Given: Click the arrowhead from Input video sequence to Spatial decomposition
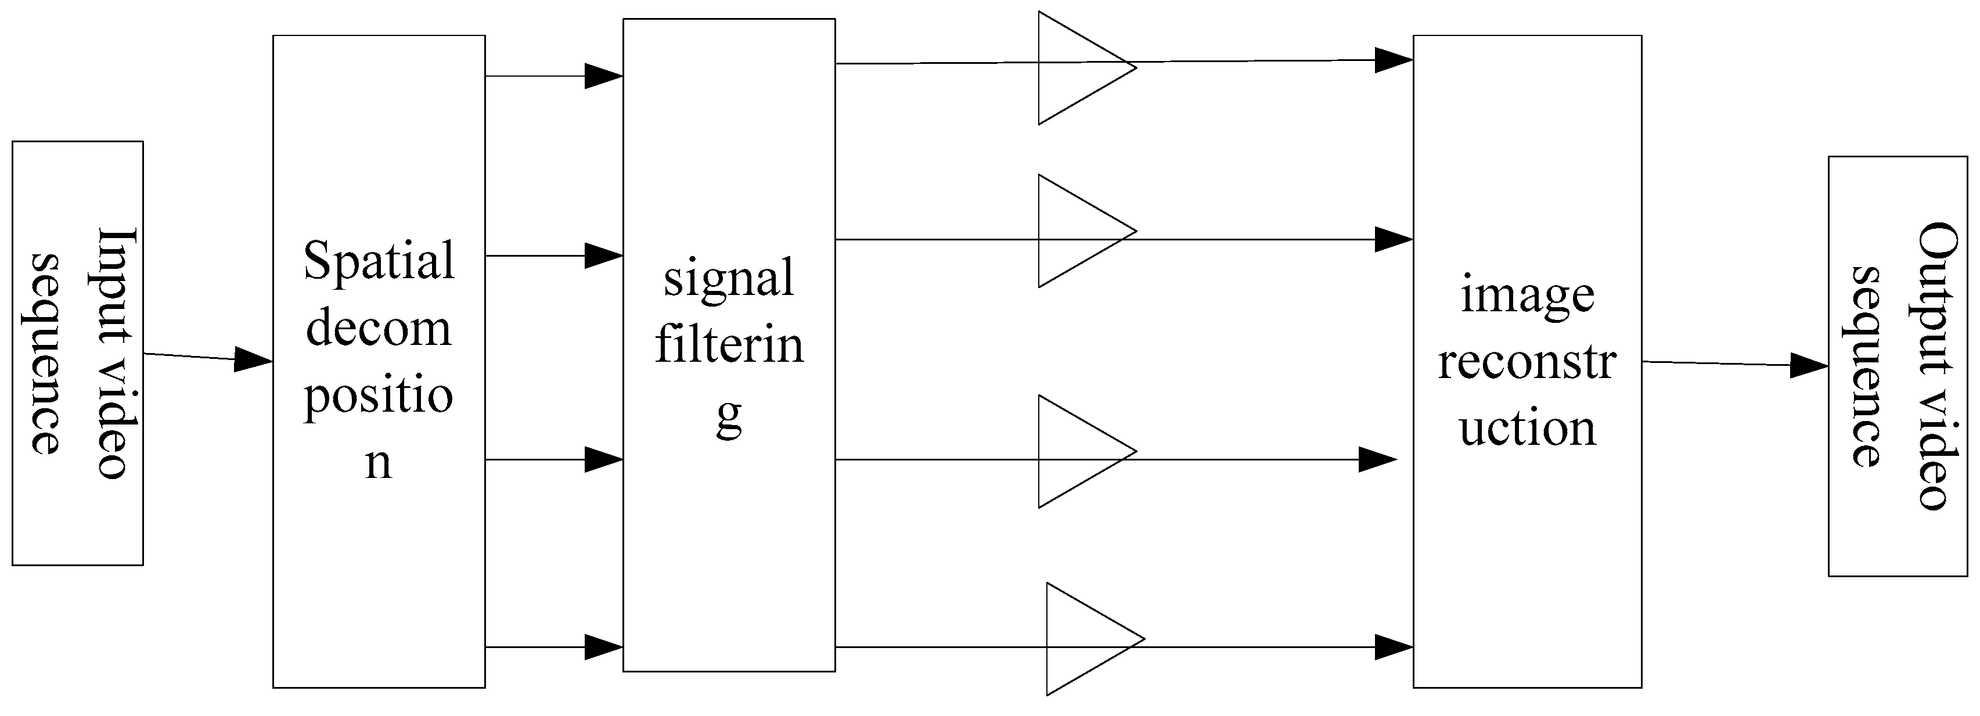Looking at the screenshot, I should click(252, 359).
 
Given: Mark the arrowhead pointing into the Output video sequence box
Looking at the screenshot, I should click(1808, 365).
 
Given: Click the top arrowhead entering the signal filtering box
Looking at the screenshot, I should click(603, 76).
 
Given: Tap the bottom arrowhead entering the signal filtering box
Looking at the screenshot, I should click(603, 647).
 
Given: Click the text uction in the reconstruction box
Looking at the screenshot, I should click(1527, 429).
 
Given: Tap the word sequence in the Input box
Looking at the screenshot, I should click(46, 354).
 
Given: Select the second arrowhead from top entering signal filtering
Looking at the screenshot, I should click(603, 256).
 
